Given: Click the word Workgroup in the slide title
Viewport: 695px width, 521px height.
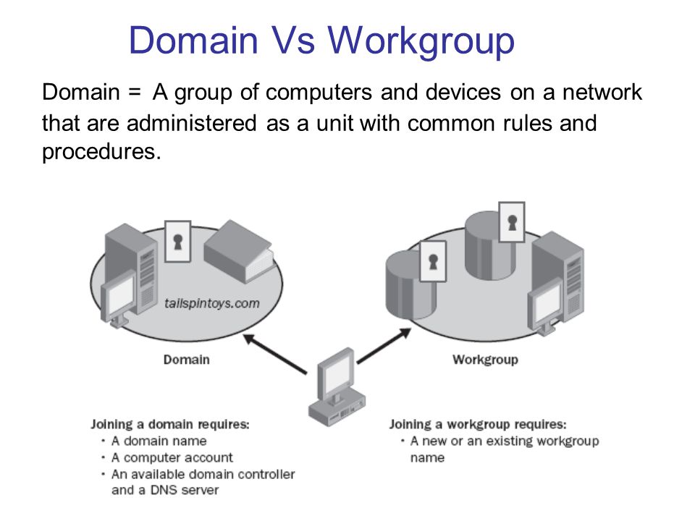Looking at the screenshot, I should (423, 41).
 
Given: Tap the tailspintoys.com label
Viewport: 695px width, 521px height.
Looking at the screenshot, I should (211, 304).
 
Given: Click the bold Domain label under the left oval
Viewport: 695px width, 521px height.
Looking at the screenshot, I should (186, 360).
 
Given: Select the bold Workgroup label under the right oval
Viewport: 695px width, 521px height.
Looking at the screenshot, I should (485, 360).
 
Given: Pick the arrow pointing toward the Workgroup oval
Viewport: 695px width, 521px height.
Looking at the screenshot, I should (383, 345).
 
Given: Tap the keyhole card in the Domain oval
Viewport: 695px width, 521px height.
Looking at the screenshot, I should (177, 242).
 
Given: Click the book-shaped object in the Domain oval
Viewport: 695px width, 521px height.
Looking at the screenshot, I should (238, 250).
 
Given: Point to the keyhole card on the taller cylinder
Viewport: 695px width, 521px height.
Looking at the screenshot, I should (512, 222).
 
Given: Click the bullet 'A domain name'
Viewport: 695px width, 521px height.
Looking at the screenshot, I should (159, 441).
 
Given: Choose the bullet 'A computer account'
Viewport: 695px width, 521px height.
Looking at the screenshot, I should (172, 457).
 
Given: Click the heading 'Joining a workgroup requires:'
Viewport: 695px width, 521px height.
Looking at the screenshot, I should (478, 424).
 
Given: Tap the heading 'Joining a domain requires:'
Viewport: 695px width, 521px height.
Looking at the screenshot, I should (170, 425).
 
